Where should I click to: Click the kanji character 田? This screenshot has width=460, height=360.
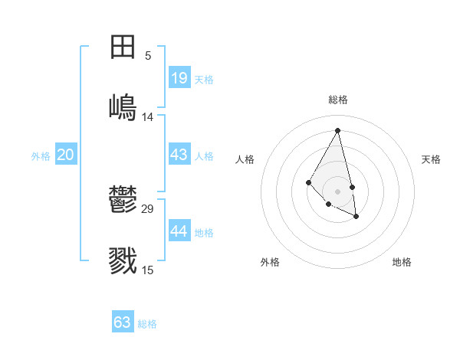pyautogui.click(x=123, y=47)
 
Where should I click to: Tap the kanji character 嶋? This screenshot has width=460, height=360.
pyautogui.click(x=123, y=106)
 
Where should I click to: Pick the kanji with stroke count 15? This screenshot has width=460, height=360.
pyautogui.click(x=123, y=260)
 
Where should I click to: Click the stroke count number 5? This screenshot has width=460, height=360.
pyautogui.click(x=148, y=55)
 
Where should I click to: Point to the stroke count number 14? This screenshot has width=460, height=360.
pyautogui.click(x=148, y=116)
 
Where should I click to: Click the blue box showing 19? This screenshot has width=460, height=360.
pyautogui.click(x=179, y=78)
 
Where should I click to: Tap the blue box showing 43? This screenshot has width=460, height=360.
pyautogui.click(x=179, y=155)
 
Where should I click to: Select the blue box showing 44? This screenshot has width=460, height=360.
pyautogui.click(x=179, y=231)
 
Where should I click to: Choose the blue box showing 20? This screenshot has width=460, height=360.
pyautogui.click(x=66, y=155)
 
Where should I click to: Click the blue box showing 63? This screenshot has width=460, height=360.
pyautogui.click(x=123, y=322)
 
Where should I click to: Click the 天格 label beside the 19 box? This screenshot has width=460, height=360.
pyautogui.click(x=204, y=80)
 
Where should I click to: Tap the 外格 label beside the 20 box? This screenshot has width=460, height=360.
pyautogui.click(x=41, y=156)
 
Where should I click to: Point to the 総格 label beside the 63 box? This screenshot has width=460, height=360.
pyautogui.click(x=147, y=324)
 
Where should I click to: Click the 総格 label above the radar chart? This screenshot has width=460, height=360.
pyautogui.click(x=338, y=100)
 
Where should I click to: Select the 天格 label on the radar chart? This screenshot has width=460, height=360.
pyautogui.click(x=432, y=159)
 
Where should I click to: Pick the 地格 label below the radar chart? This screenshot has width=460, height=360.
pyautogui.click(x=402, y=262)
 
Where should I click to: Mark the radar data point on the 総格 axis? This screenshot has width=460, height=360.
pyautogui.click(x=338, y=130)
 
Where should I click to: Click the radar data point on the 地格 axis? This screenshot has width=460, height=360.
pyautogui.click(x=356, y=217)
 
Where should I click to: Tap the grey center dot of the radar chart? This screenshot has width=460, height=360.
pyautogui.click(x=338, y=191)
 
